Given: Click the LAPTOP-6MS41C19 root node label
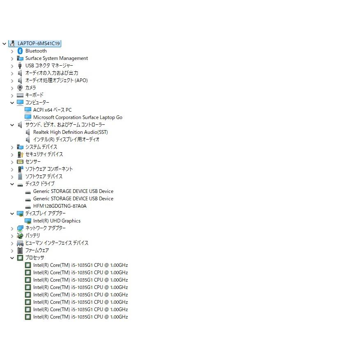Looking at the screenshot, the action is click(x=39, y=44).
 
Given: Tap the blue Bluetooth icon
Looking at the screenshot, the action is click(x=20, y=51).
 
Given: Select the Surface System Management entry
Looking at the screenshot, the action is click(x=57, y=58).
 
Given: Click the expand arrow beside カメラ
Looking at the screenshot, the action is click(x=12, y=88).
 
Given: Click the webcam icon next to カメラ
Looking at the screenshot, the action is click(x=20, y=88).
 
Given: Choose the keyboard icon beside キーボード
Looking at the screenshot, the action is click(x=20, y=95).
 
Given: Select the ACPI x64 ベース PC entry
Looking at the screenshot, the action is click(x=53, y=110).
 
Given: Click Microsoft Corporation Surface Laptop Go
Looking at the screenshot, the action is click(x=78, y=117).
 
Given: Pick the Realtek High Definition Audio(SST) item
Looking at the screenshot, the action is click(x=70, y=132).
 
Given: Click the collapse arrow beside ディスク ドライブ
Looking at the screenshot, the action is click(x=12, y=184).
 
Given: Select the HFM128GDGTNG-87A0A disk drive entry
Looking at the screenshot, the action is click(x=60, y=206).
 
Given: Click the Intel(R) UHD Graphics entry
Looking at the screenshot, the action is click(x=57, y=221).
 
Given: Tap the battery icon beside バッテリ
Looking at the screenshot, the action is click(x=20, y=236).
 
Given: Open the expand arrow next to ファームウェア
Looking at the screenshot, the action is click(x=12, y=250).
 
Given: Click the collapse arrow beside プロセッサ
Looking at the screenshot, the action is click(x=12, y=258).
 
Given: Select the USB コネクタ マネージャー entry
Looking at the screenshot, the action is click(x=49, y=66).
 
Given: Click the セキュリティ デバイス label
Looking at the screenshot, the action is click(x=44, y=154).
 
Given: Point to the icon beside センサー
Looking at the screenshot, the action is click(x=20, y=162).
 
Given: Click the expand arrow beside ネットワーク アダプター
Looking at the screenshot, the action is click(x=12, y=229).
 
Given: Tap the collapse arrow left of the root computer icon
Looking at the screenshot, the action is click(x=5, y=44).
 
